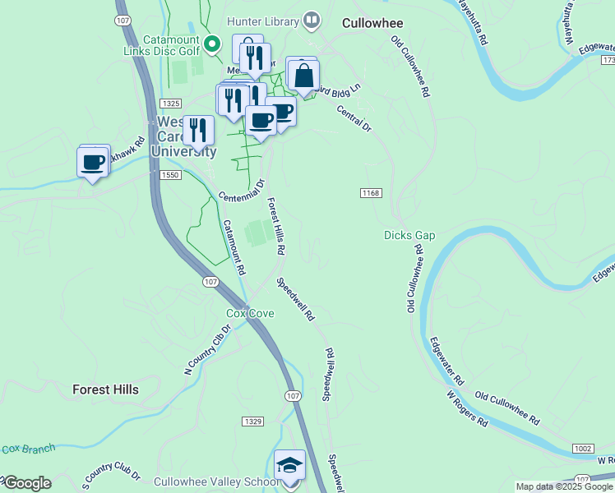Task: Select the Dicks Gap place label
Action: click(409, 236)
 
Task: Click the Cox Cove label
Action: click(250, 313)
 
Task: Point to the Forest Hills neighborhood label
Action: click(105, 389)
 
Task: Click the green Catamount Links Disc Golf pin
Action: click(212, 43)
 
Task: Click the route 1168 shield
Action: click(371, 192)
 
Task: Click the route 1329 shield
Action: click(252, 421)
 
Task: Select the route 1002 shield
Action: click(583, 449)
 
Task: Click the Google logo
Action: click(26, 483)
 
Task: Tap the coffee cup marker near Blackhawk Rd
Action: click(93, 162)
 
